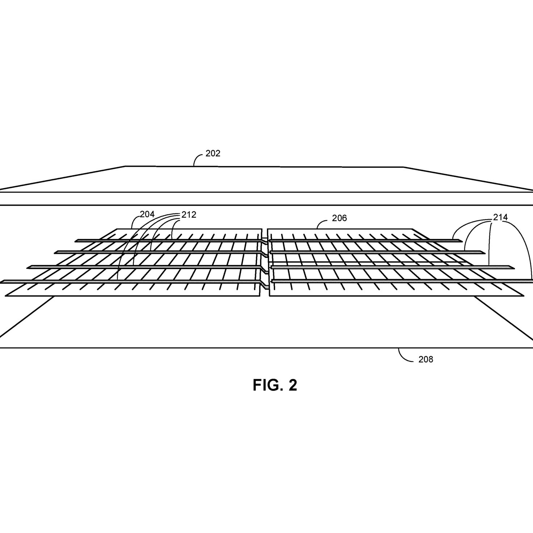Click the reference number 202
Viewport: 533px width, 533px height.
(213, 154)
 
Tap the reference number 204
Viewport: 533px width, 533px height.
(147, 214)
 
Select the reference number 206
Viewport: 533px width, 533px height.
(339, 218)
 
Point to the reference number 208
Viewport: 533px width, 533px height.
(426, 360)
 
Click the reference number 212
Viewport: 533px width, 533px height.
(189, 215)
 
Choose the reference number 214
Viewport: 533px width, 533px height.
(500, 218)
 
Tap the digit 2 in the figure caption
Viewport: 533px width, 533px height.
(293, 385)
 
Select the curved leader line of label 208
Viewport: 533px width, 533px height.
(405, 356)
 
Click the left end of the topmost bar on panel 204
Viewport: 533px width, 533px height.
(76, 241)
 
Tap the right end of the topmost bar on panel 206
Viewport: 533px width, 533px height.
(462, 240)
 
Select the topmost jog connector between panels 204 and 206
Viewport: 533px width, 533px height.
(265, 241)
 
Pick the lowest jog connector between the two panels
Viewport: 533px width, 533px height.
(265, 285)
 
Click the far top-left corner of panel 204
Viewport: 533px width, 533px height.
(117, 229)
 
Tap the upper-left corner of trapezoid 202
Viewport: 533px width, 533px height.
(125, 166)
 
